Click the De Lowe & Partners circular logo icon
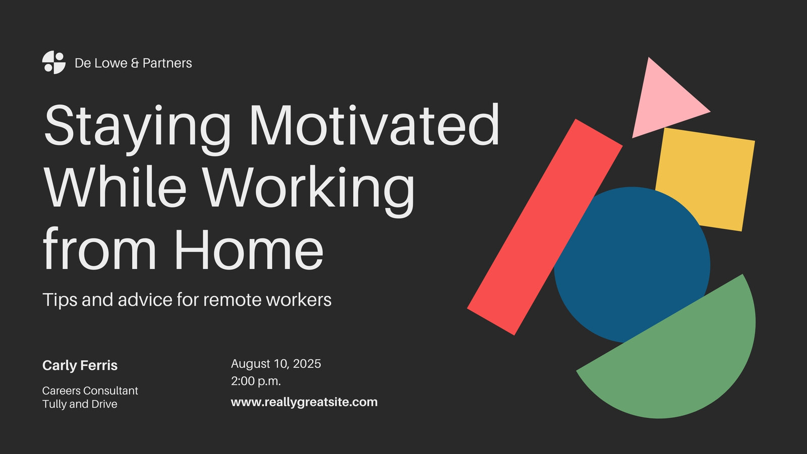pyautogui.click(x=53, y=63)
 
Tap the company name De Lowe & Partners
pyautogui.click(x=133, y=63)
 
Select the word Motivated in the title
pyautogui.click(x=374, y=125)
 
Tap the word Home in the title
pyautogui.click(x=249, y=249)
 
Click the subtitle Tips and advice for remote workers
pyautogui.click(x=187, y=300)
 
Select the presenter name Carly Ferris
pyautogui.click(x=80, y=365)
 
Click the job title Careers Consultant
pyautogui.click(x=90, y=390)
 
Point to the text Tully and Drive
pyautogui.click(x=80, y=404)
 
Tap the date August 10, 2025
pyautogui.click(x=276, y=364)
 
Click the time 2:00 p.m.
pyautogui.click(x=256, y=381)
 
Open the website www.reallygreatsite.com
pyautogui.click(x=305, y=402)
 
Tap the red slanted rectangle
pyautogui.click(x=545, y=227)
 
